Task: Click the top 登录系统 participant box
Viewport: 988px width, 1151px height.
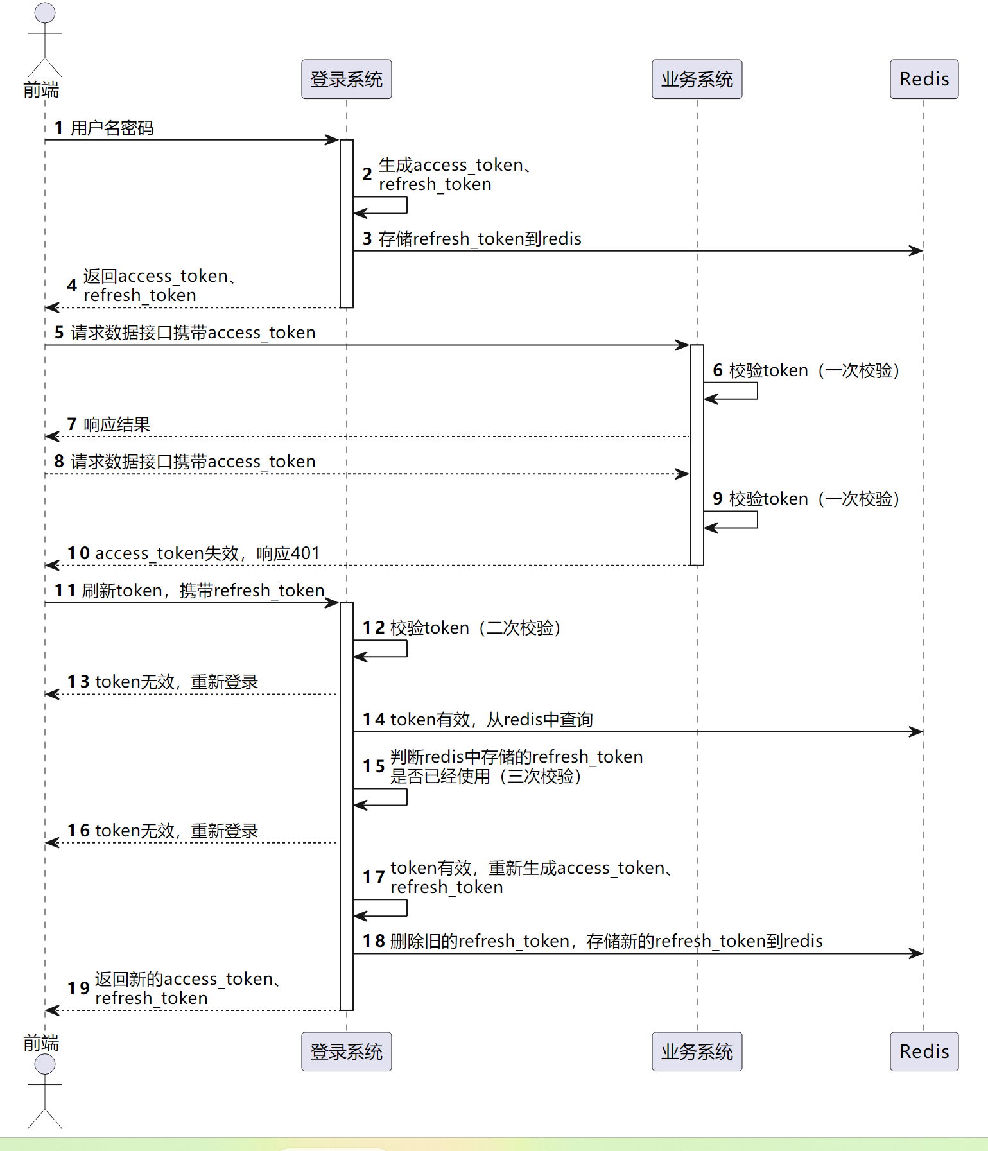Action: point(347,79)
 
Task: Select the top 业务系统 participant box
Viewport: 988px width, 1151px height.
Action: point(697,79)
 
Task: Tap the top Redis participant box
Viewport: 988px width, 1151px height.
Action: point(924,79)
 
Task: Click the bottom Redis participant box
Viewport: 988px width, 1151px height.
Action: point(924,1051)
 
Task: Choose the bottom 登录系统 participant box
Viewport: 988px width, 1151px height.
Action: point(347,1051)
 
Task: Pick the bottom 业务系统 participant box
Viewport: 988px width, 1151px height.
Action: point(697,1051)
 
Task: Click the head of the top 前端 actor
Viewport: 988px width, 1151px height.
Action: point(45,13)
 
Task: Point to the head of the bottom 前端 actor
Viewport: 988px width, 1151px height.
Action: point(45,1064)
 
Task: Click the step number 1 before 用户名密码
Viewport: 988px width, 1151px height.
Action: point(58,128)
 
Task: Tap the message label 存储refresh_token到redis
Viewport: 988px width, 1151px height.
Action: point(480,239)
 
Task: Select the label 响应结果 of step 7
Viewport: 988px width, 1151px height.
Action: point(117,424)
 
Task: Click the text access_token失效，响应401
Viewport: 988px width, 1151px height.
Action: point(207,553)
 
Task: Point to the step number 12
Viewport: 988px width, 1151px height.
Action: point(374,628)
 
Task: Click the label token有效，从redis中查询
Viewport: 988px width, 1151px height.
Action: point(492,720)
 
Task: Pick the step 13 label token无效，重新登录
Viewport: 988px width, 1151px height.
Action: point(177,682)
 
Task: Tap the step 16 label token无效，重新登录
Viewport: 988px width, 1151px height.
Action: point(177,831)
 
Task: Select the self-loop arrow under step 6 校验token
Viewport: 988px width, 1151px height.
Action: point(758,391)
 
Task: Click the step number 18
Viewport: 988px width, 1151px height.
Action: point(374,941)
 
